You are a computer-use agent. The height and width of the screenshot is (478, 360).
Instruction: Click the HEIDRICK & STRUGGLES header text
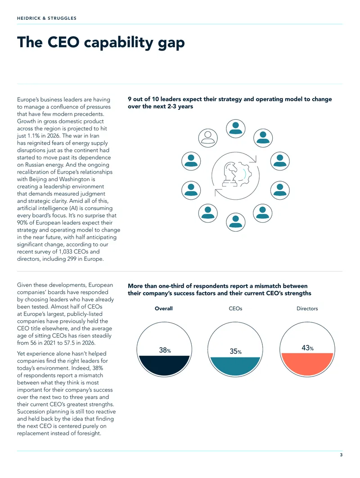coord(47,18)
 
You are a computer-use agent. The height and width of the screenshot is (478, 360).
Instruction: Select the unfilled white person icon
coord(208,138)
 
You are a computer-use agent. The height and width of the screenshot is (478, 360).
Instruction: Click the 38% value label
coord(165,350)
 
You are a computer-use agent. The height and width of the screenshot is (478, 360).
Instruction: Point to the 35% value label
coord(235,352)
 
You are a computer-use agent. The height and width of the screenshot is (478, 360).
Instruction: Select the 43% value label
coord(307,348)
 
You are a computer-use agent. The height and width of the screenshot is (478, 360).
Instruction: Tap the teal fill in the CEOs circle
coord(235,366)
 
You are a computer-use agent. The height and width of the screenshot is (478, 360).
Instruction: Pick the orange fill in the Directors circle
coord(307,363)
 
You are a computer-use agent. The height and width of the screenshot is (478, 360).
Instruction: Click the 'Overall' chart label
coord(163,308)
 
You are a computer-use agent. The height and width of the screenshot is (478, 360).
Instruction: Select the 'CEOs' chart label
coord(235,308)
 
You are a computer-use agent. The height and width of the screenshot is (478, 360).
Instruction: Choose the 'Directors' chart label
coord(307,308)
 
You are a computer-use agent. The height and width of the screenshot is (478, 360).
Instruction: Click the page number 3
coord(341,455)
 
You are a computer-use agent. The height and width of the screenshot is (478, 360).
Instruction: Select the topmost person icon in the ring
coord(235,129)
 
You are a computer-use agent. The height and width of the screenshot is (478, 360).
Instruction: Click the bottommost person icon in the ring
coord(235,222)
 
